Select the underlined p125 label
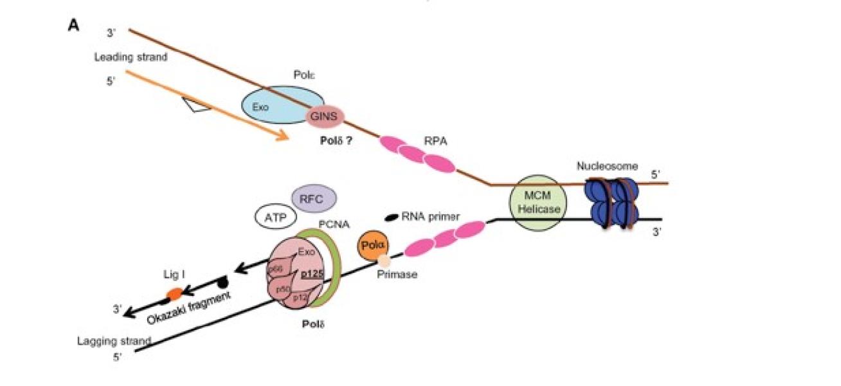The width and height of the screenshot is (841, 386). click(312, 273)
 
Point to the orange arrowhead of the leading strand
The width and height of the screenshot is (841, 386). click(282, 136)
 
